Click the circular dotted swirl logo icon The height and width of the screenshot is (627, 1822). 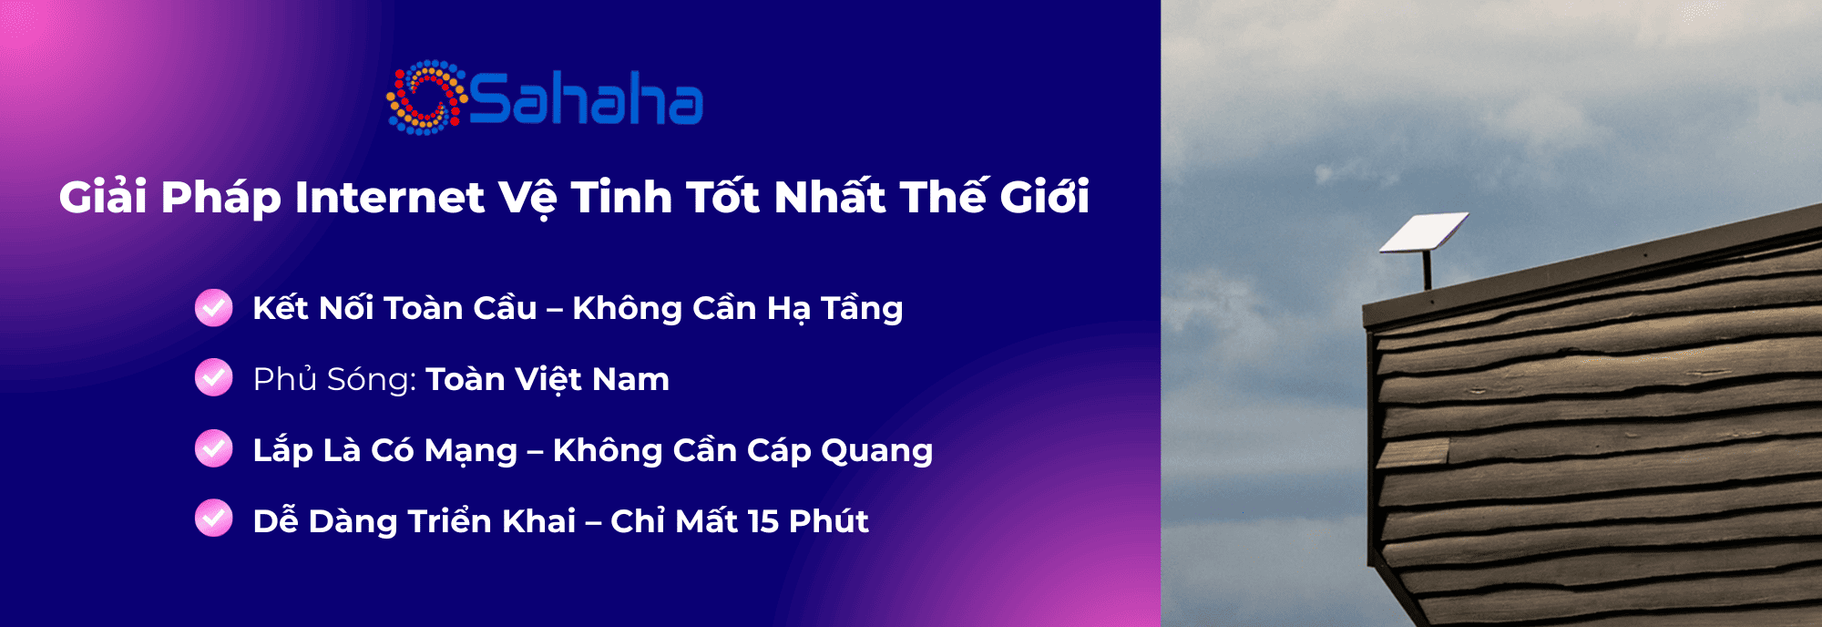pyautogui.click(x=426, y=98)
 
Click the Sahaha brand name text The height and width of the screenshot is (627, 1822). pyautogui.click(x=587, y=99)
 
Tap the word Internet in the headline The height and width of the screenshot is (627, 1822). pyautogui.click(x=389, y=198)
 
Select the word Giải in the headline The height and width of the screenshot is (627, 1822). pyautogui.click(x=103, y=196)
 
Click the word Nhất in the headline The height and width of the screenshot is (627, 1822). pyautogui.click(x=829, y=196)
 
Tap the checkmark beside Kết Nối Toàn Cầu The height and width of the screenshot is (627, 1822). pyautogui.click(x=214, y=307)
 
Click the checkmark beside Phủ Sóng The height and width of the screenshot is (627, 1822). pyautogui.click(x=214, y=377)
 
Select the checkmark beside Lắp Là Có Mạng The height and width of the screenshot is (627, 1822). pyautogui.click(x=214, y=448)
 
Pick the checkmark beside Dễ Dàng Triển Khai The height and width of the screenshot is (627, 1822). pyautogui.click(x=214, y=519)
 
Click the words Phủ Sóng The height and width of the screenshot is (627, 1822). pyautogui.click(x=334, y=378)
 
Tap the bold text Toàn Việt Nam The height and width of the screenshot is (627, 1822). pyautogui.click(x=548, y=379)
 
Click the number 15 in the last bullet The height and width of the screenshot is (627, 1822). pyautogui.click(x=763, y=521)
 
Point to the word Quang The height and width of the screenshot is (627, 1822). pyautogui.click(x=876, y=451)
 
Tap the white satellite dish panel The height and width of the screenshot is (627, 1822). pyautogui.click(x=1423, y=231)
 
